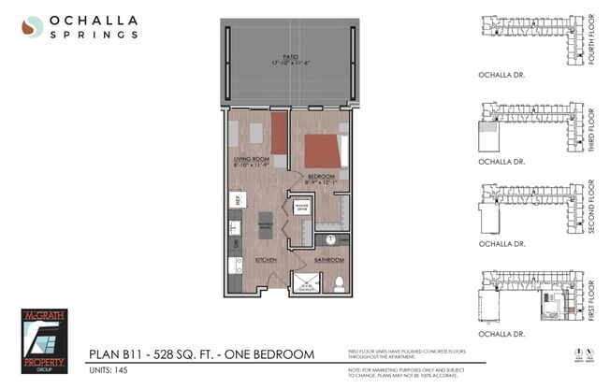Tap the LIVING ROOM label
coord(252,161)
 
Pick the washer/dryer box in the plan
coord(302,208)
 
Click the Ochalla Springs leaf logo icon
coord(33,28)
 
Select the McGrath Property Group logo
coord(46,341)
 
